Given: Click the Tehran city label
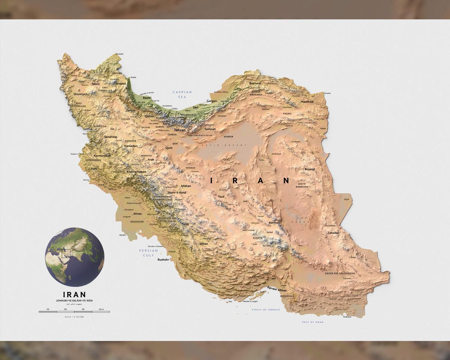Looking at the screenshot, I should tap(180, 130).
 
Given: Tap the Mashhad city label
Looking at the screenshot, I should tap(307, 102).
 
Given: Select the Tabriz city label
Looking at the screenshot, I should tap(96, 84).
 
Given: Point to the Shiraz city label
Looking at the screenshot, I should tap(204, 244).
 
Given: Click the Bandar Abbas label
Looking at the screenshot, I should tap(277, 290).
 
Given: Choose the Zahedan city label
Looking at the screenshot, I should tap(333, 233).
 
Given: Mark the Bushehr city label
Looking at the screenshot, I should tap(163, 259).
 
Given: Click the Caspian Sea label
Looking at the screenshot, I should tap(182, 94).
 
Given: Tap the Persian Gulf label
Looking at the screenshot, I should tap(146, 252).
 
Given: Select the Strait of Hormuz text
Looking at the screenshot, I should tap(265, 310).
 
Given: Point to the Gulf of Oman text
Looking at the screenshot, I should tap(312, 322).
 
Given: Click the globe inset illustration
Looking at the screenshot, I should tap(75, 257).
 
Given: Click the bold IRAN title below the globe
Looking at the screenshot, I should tap(74, 294).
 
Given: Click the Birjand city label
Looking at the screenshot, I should tap(310, 169).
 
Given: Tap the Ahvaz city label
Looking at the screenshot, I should tap(138, 214).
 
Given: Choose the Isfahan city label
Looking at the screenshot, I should tap(186, 186).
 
